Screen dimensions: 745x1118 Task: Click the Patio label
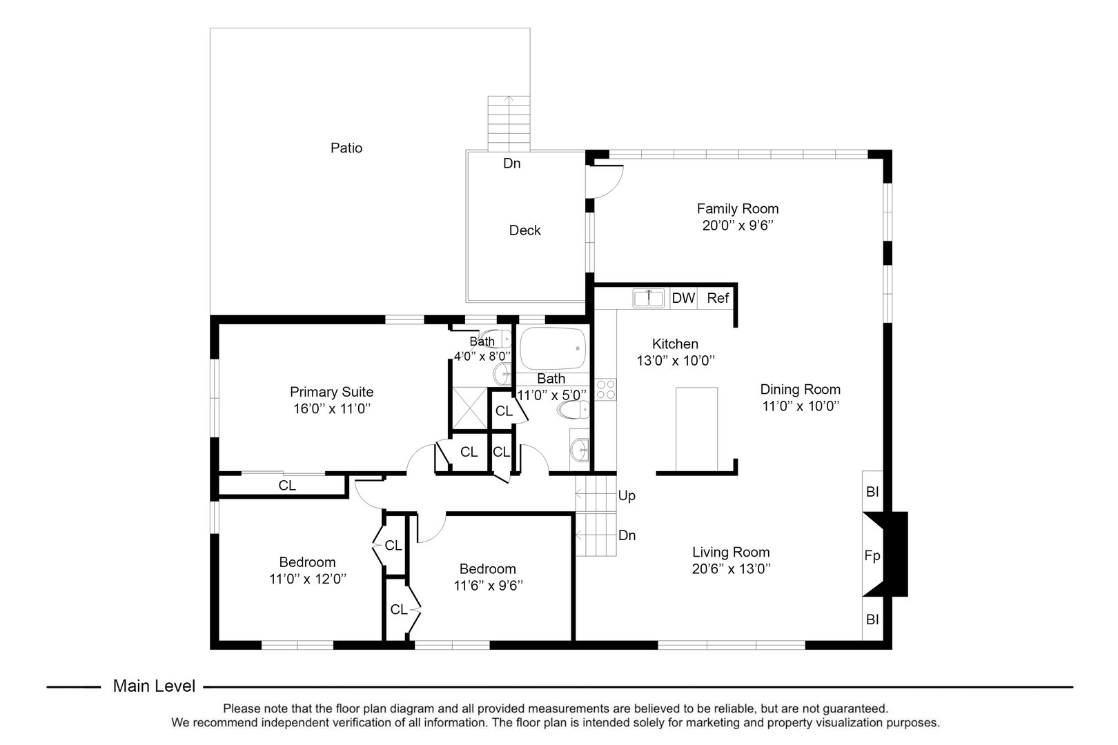click(346, 148)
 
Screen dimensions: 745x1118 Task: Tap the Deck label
click(524, 230)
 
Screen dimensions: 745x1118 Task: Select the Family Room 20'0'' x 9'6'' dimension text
click(738, 226)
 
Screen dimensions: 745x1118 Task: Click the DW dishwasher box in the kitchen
click(683, 298)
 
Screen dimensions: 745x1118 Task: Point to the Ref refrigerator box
click(718, 298)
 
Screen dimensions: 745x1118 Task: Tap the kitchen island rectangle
click(696, 428)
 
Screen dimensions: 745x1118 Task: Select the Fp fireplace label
click(872, 555)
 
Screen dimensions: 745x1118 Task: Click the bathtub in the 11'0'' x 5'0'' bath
click(553, 349)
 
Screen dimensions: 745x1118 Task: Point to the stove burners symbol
click(606, 390)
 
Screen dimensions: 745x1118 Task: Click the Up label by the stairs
click(627, 496)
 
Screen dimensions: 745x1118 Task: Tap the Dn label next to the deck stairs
click(511, 163)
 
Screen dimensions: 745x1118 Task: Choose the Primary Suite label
click(331, 392)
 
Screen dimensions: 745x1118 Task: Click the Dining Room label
click(801, 389)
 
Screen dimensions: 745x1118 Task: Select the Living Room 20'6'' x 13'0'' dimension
click(731, 569)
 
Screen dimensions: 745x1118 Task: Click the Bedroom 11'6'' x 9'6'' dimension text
click(488, 586)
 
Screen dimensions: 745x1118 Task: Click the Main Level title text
click(154, 686)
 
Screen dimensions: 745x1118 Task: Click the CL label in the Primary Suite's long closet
click(287, 486)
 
